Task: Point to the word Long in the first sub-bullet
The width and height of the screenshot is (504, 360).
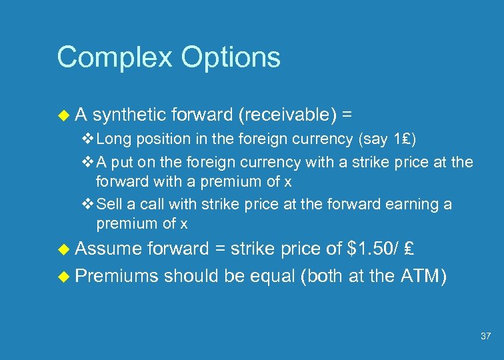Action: coord(111,139)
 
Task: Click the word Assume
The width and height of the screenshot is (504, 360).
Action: coord(108,249)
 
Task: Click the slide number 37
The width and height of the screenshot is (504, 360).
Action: coord(486,336)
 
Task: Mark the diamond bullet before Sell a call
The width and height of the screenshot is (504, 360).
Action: coord(87,204)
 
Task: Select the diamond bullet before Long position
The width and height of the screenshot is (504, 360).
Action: coord(87,139)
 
